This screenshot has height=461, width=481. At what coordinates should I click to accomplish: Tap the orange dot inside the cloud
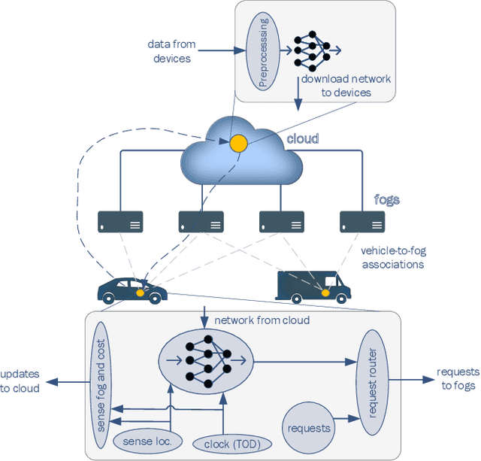click(238, 141)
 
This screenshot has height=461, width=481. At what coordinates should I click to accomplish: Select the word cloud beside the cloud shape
click(302, 139)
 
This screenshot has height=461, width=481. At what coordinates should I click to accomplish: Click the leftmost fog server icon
click(120, 221)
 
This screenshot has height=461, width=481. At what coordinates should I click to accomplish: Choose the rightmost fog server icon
click(362, 221)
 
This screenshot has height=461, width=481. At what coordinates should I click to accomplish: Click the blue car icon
click(132, 288)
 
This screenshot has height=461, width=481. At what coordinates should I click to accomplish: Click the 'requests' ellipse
click(309, 428)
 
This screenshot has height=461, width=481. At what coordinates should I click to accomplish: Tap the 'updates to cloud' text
click(20, 381)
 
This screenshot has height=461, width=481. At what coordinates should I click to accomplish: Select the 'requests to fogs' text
click(458, 380)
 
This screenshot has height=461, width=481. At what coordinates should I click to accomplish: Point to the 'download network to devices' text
click(346, 86)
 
